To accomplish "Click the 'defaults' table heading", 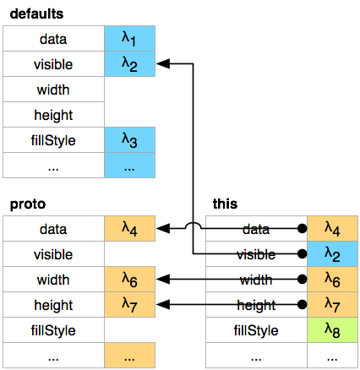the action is click(36, 14).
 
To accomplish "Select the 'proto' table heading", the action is click(28, 204).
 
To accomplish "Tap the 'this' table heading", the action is click(225, 204).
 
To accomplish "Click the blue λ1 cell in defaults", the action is click(129, 39).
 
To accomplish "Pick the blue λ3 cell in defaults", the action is click(129, 140).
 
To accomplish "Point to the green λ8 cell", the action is click(332, 330).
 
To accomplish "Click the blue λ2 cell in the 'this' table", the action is click(332, 254).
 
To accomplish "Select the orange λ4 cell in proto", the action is click(129, 229).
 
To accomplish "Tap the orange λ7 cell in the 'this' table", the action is click(332, 305).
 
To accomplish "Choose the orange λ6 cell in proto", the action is click(129, 280).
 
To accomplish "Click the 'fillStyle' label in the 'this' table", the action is click(256, 330).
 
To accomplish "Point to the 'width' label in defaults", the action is click(53, 90).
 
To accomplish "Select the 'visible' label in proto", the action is click(53, 254).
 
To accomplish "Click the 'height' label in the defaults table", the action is click(53, 115).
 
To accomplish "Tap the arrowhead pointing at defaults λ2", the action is click(163, 64).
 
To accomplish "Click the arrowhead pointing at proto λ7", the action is click(163, 305).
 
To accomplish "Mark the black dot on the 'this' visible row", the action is click(302, 254).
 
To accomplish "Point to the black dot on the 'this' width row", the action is click(302, 280).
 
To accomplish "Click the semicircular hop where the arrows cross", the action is click(193, 225).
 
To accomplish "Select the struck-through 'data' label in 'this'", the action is click(256, 229).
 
